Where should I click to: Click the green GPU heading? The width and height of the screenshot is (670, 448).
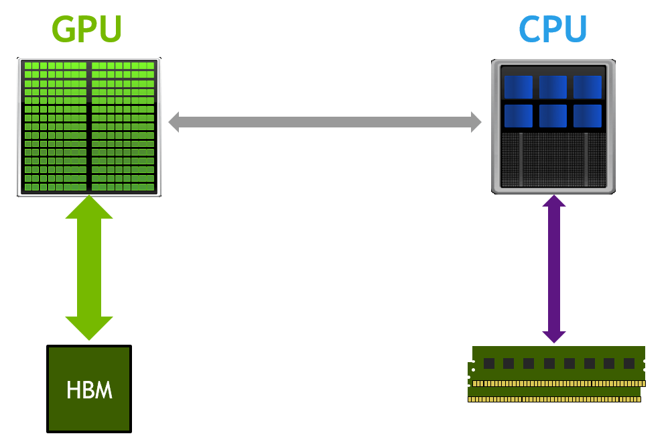point(87,29)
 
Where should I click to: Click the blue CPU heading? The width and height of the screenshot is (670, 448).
point(553,29)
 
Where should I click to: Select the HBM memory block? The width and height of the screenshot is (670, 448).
point(89,389)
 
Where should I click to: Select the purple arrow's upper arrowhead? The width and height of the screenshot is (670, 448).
point(554,201)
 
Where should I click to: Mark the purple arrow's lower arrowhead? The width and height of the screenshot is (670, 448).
point(554,337)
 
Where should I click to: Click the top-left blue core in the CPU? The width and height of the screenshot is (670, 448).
point(518,87)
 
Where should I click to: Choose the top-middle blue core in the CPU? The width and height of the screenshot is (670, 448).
point(553,87)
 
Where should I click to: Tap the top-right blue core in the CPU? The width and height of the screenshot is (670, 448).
point(588,87)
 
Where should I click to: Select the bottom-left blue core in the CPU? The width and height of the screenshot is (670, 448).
point(518,115)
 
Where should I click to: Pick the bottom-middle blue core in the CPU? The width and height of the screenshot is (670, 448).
point(553,115)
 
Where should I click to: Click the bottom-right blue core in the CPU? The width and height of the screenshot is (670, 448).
point(588,115)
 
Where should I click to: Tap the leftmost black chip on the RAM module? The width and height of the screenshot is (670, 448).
point(489,363)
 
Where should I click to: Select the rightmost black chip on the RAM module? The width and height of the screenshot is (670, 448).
point(629,363)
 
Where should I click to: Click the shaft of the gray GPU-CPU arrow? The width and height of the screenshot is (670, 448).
point(325,122)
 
